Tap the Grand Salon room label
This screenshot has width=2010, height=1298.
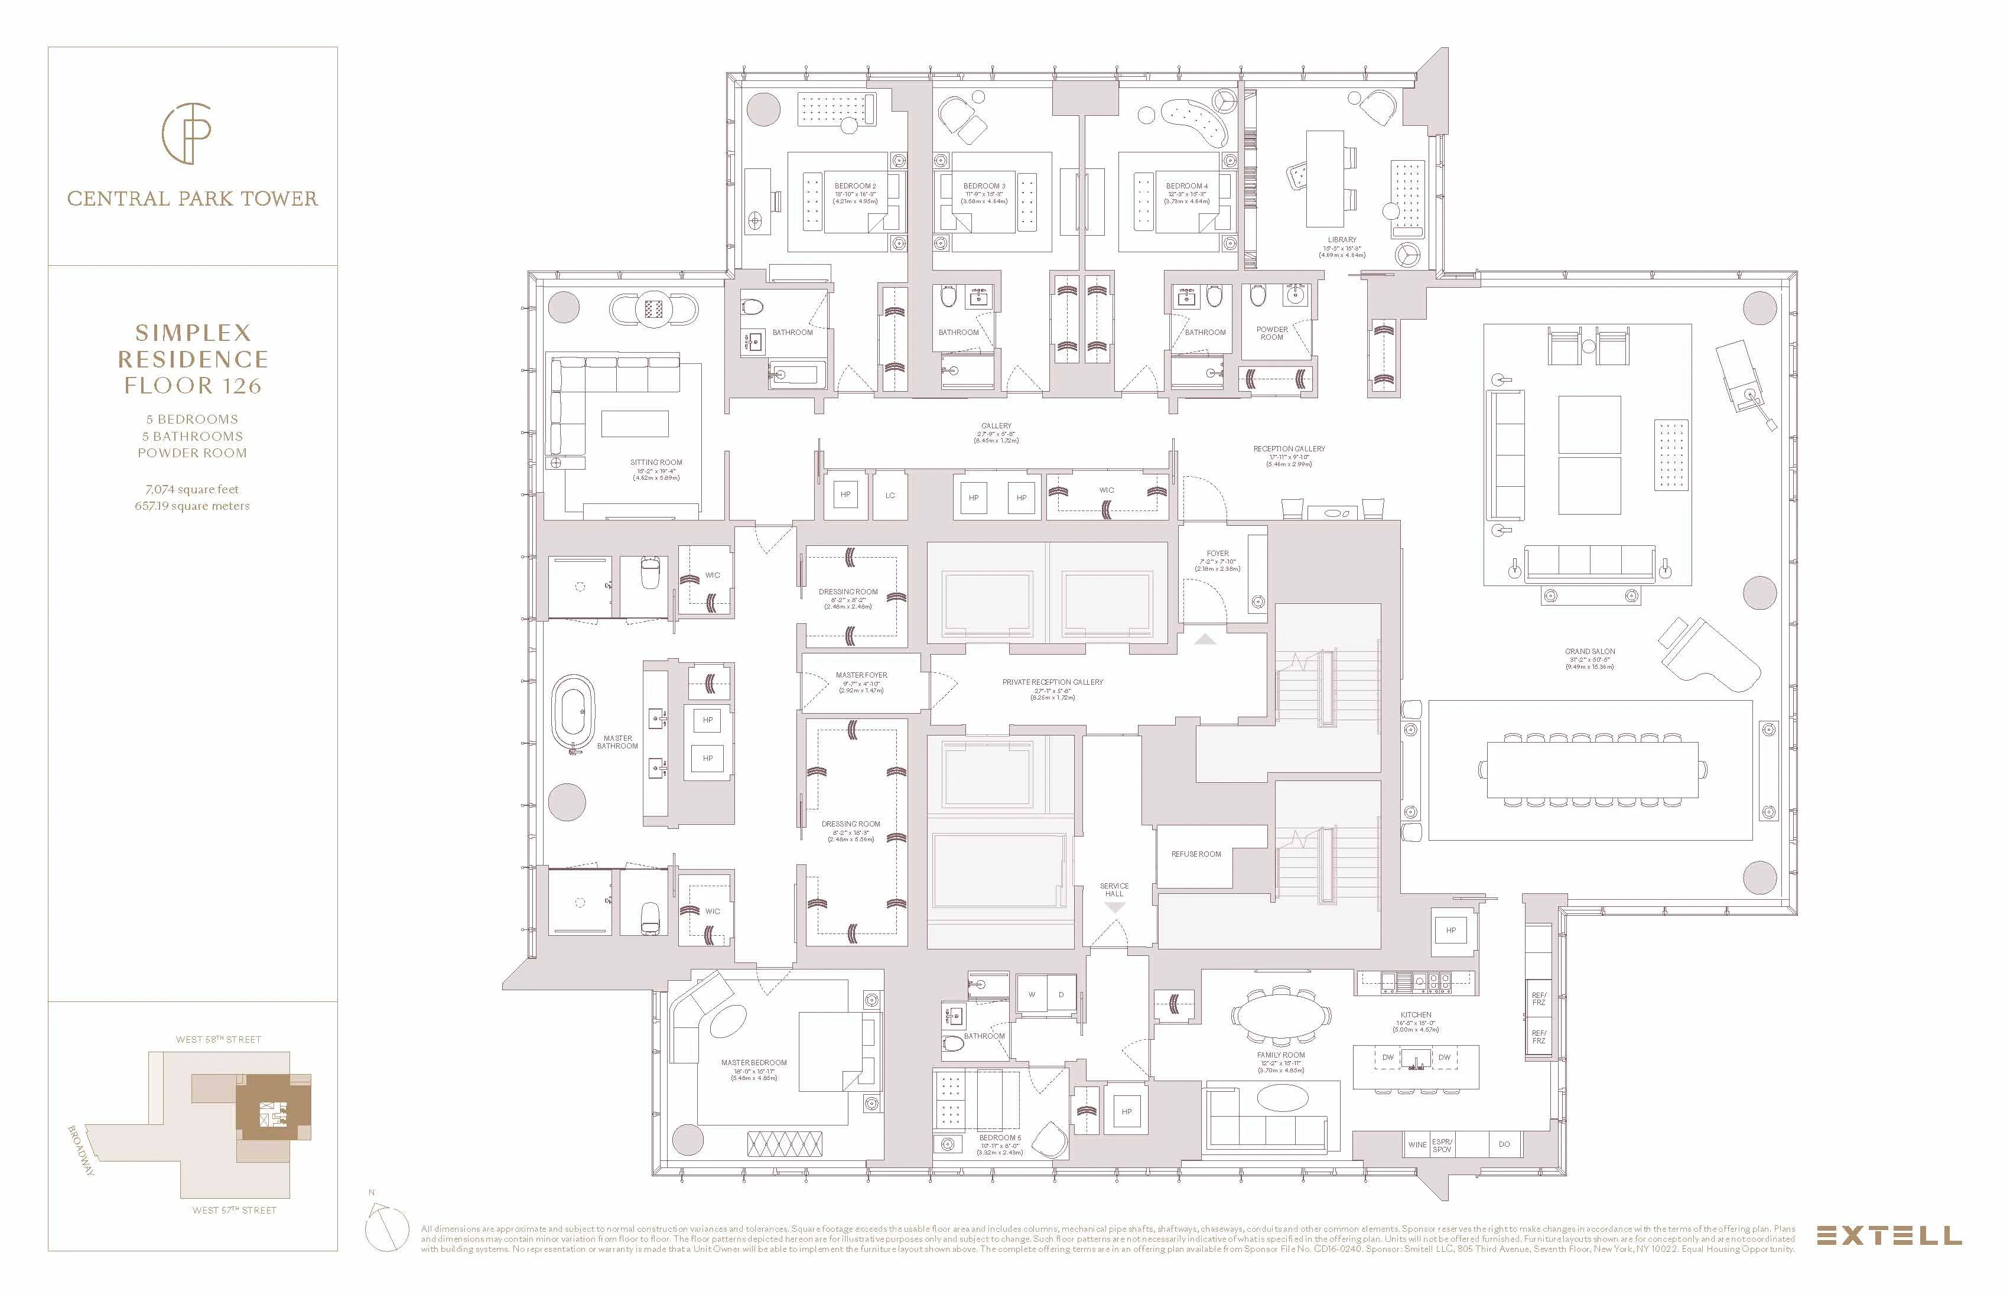[1589, 652]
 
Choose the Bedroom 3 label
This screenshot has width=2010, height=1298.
[984, 186]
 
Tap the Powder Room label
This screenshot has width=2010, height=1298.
[1271, 333]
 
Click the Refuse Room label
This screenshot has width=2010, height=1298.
[1196, 854]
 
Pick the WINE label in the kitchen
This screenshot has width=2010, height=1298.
[1417, 1144]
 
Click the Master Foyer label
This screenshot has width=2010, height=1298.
[861, 675]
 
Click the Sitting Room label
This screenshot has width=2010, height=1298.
[656, 463]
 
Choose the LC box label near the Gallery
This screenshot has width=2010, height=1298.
[890, 496]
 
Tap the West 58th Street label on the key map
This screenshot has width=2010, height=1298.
[218, 1039]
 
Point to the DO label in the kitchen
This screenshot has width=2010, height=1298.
[1504, 1144]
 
